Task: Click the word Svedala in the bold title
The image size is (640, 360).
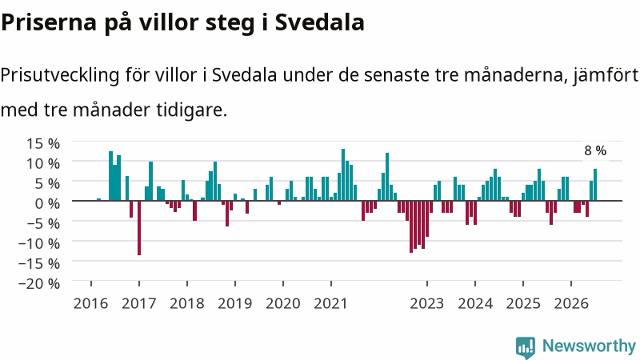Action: point(319,22)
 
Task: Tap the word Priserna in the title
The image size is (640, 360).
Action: point(49,22)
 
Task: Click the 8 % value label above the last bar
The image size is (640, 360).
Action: point(595,150)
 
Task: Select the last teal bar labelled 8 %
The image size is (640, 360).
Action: point(595,185)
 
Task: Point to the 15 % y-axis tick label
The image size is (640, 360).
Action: point(43,143)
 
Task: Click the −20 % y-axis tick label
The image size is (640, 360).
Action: point(39,283)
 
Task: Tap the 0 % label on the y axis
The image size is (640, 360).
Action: point(47,203)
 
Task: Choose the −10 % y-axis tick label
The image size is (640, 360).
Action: point(39,243)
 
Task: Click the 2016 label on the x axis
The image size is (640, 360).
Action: point(90,303)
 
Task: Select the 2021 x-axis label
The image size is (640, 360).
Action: point(330,303)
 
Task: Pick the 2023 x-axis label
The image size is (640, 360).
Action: point(427,303)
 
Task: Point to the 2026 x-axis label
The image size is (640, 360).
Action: point(571,303)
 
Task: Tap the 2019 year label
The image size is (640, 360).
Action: point(234,303)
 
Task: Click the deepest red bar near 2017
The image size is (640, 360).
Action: point(139,228)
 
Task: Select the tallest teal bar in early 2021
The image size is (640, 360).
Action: point(343,174)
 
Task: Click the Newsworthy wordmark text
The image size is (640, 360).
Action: point(589,346)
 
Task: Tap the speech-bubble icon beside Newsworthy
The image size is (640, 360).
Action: point(526,347)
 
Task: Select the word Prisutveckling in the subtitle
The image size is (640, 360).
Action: point(60,75)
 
